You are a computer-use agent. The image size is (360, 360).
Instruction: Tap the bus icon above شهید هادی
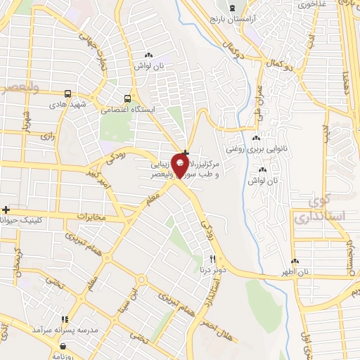pos(67,94)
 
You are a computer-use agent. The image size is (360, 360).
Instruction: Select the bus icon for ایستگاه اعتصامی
pos(127,99)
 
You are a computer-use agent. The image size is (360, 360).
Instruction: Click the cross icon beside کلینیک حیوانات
pos(6,210)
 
